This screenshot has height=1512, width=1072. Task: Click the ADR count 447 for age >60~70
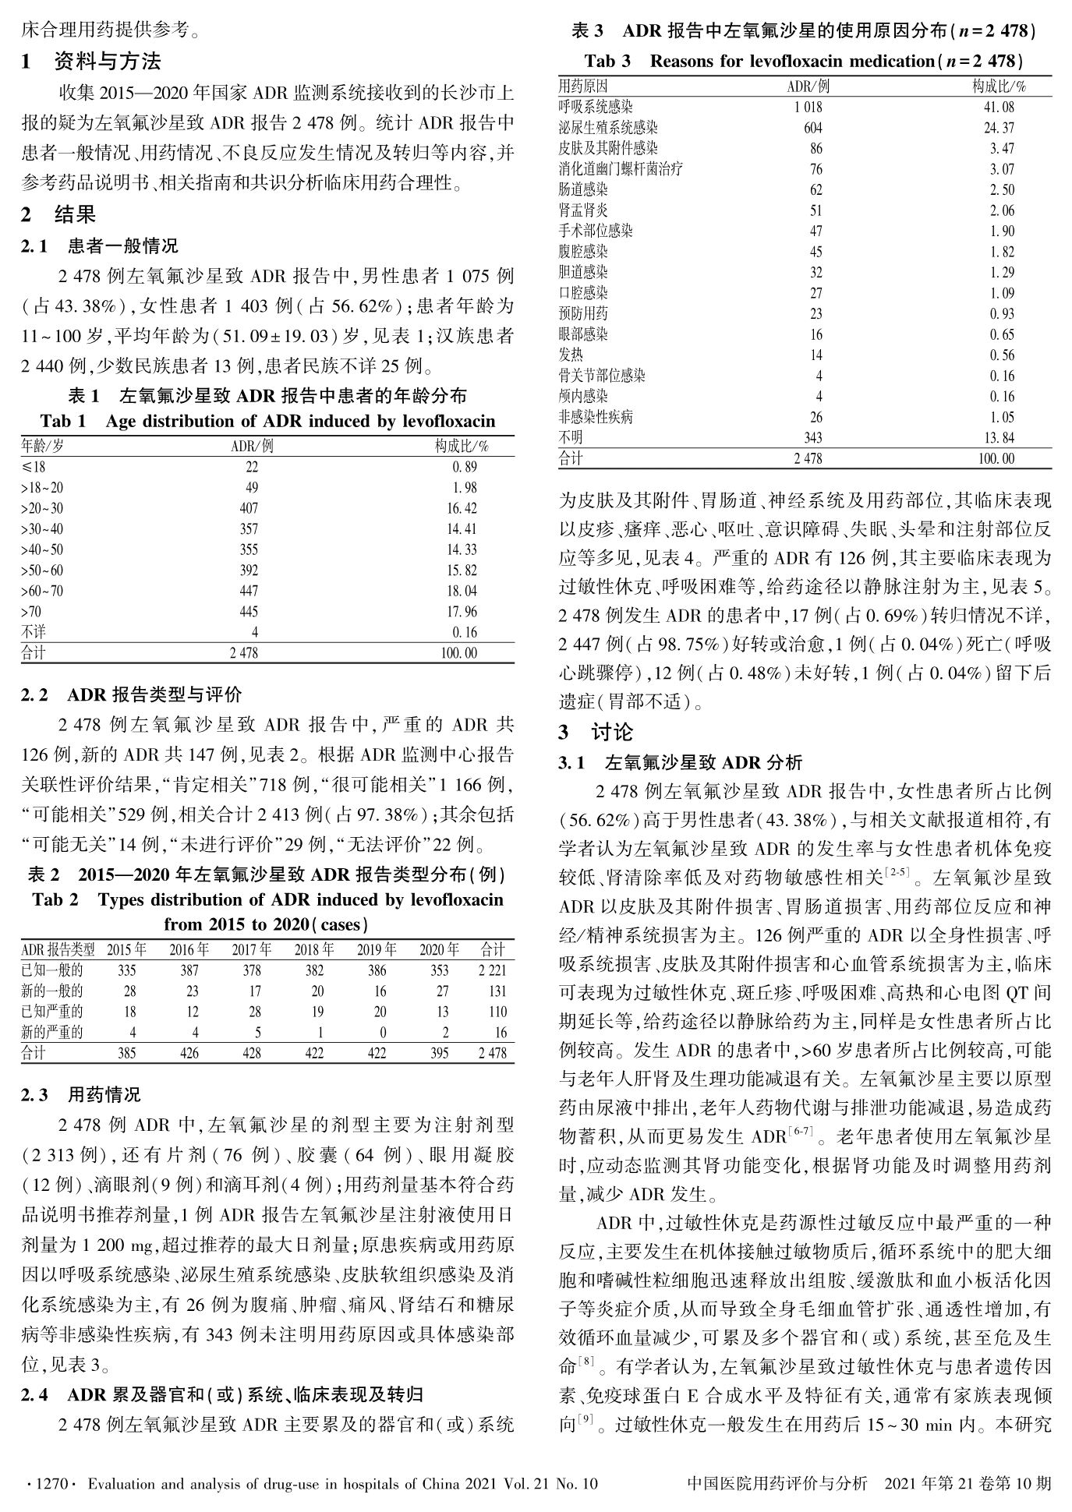(249, 591)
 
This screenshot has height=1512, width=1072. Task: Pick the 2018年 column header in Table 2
(314, 949)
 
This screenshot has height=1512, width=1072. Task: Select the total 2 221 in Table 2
(492, 970)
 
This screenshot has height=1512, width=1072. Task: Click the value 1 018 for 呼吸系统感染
(808, 107)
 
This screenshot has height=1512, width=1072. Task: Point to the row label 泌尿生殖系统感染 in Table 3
(608, 128)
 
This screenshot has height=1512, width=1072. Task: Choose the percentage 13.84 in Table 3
(999, 438)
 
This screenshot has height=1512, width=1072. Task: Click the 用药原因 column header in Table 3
(583, 86)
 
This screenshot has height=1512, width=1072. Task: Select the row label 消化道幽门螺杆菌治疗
(621, 168)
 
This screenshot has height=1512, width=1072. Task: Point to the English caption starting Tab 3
(804, 60)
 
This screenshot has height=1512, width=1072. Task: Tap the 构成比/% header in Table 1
(462, 446)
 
